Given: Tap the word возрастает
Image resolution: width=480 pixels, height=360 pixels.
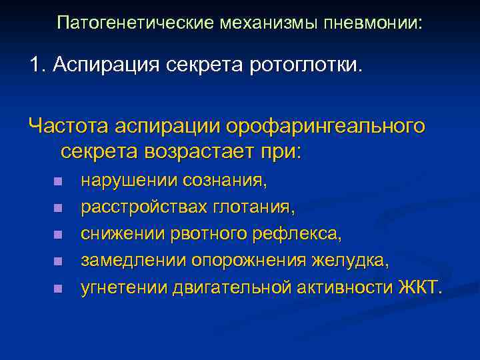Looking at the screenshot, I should tap(196, 151).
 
